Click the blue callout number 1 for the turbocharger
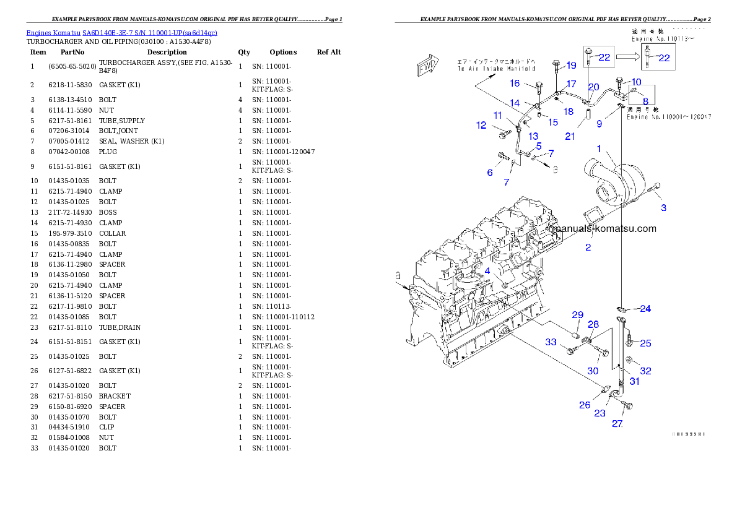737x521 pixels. pyautogui.click(x=599, y=149)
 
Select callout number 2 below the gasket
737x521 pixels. pyautogui.click(x=588, y=248)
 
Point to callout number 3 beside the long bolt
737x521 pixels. pyautogui.click(x=663, y=208)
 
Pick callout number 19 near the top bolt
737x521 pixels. pyautogui.click(x=571, y=65)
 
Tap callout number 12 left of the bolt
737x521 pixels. pyautogui.click(x=481, y=126)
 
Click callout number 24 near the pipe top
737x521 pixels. pyautogui.click(x=645, y=308)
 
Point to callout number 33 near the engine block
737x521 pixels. pyautogui.click(x=551, y=342)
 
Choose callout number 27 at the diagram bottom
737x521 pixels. pyautogui.click(x=617, y=424)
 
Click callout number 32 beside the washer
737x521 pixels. pyautogui.click(x=645, y=371)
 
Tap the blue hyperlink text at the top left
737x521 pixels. pyautogui.click(x=121, y=32)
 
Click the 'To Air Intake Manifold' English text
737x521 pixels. pyautogui.click(x=497, y=69)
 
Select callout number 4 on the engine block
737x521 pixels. pyautogui.click(x=487, y=271)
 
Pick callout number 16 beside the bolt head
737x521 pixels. pyautogui.click(x=515, y=84)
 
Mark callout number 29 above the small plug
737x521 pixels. pyautogui.click(x=577, y=315)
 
